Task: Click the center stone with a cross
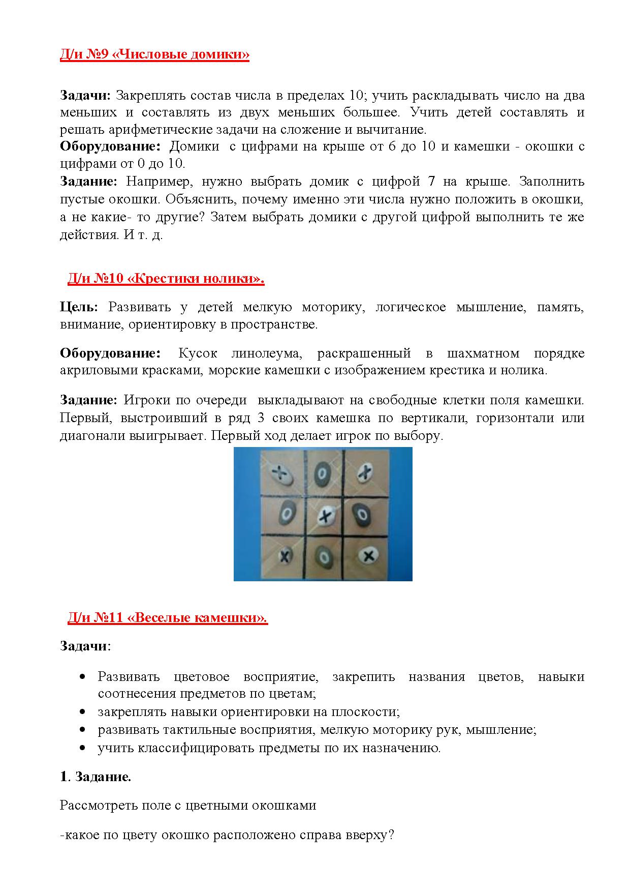click(x=325, y=516)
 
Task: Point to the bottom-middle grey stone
click(x=323, y=556)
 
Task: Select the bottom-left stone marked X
click(x=285, y=554)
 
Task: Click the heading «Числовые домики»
click(x=154, y=55)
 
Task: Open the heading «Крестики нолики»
click(x=166, y=279)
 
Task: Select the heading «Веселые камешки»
click(x=167, y=617)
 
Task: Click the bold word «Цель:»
click(x=79, y=307)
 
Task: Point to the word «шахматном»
click(x=483, y=353)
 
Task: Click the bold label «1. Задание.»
click(x=96, y=777)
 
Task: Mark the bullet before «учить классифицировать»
click(x=83, y=748)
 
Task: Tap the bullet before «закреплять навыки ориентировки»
click(x=83, y=712)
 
